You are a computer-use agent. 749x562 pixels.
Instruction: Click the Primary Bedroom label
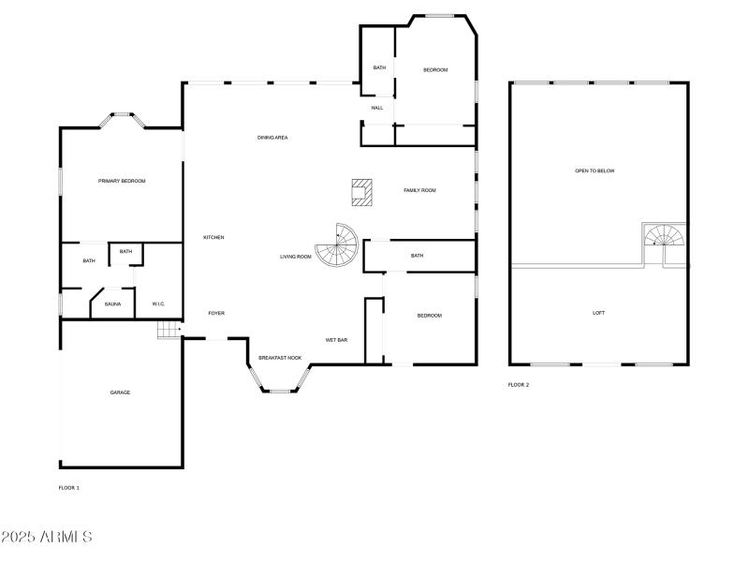coord(122,181)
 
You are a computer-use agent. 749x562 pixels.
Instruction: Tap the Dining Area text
coord(272,138)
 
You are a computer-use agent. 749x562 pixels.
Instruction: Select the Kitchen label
coord(213,238)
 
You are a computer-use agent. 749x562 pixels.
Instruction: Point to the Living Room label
coord(295,257)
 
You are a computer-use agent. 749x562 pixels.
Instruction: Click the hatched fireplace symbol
coord(361,192)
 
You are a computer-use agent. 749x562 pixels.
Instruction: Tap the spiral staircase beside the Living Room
coord(337,245)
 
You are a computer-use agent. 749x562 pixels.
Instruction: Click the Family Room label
coord(419,190)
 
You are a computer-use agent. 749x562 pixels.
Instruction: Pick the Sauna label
coord(112,304)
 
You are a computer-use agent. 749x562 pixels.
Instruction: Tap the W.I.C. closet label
coord(158,304)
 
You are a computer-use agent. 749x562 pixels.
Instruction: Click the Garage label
coord(120,392)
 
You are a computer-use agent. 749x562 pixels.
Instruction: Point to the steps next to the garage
coord(169,330)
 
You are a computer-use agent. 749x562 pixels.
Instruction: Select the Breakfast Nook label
coord(280,359)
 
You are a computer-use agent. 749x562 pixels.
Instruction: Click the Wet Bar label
coord(336,340)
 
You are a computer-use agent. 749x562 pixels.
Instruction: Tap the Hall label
coord(376,108)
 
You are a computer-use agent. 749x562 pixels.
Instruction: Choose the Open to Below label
coord(595,171)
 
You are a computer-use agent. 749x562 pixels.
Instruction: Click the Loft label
coord(598,313)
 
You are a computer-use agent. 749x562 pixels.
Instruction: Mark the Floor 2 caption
coord(519,385)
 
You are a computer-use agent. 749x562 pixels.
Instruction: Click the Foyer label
coord(215,314)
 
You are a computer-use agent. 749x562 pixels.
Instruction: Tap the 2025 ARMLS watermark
coord(46,538)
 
